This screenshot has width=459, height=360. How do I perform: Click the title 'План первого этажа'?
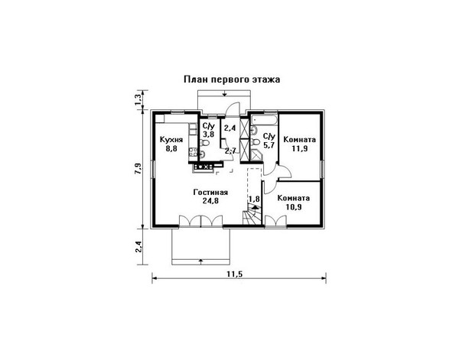[232, 79]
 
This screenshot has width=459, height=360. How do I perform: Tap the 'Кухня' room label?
[171, 140]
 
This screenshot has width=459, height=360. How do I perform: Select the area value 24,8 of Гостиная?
[210, 201]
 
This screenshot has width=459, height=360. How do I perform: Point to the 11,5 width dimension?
[235, 274]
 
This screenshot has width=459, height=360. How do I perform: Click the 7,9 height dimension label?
[138, 168]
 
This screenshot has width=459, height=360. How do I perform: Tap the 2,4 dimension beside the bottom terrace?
[138, 247]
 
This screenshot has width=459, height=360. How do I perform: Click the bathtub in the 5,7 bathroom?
[264, 120]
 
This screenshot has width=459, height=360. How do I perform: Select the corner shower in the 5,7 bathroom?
[257, 156]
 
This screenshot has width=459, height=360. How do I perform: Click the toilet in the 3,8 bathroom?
[205, 143]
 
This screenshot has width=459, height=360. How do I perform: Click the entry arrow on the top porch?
[224, 93]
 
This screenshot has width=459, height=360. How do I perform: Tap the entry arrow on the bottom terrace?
[200, 261]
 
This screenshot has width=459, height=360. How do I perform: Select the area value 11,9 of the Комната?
[299, 149]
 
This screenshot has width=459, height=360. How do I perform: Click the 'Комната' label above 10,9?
[294, 198]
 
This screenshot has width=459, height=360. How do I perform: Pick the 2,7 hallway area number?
[230, 151]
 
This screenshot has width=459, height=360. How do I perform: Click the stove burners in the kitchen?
[203, 167]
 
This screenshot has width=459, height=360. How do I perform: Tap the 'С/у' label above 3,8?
[209, 126]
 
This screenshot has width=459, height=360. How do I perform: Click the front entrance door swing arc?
[233, 109]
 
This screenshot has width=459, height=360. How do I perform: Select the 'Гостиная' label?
[210, 193]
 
